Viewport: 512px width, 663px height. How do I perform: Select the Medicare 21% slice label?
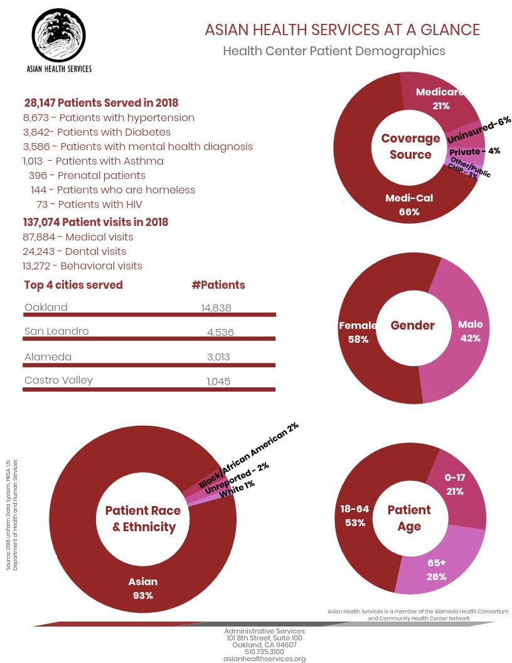tap(440, 99)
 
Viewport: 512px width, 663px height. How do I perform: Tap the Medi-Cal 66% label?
tap(409, 205)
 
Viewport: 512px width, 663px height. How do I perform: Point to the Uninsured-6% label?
tap(479, 130)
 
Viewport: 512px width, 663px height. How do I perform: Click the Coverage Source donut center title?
tap(410, 146)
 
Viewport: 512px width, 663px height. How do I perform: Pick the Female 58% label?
tap(358, 332)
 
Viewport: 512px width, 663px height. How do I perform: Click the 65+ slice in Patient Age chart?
tap(439, 558)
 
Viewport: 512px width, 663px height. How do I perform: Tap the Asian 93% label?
tap(143, 588)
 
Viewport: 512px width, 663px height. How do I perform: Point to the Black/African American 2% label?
tap(248, 455)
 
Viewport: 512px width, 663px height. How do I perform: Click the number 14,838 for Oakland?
tap(216, 308)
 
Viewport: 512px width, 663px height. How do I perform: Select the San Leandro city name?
tap(56, 331)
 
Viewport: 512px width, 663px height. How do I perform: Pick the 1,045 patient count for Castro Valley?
tap(218, 381)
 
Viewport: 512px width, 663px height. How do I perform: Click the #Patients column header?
tap(218, 285)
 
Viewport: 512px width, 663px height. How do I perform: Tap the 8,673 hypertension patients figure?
tap(36, 117)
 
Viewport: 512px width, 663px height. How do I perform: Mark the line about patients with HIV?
tap(89, 204)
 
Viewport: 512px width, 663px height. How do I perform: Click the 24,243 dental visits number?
tap(38, 252)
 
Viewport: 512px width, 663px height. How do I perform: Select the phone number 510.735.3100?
tap(264, 652)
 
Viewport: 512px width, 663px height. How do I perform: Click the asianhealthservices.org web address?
tap(264, 659)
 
